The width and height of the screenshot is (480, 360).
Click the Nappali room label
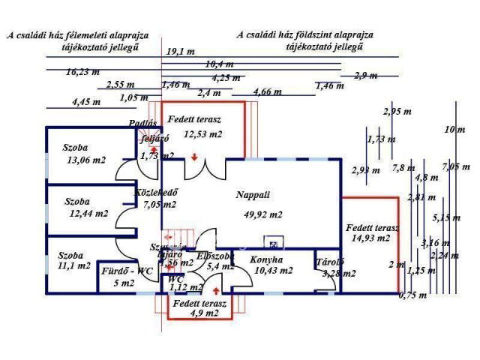tap(253, 195)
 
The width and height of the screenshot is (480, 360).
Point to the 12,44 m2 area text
tap(88, 214)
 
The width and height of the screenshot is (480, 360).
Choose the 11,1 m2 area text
tap(73, 265)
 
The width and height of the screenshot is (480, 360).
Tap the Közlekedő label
tap(155, 192)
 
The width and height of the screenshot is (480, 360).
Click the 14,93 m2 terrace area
tap(370, 238)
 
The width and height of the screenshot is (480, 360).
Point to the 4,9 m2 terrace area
tap(202, 313)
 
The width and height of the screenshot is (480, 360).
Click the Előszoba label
tap(215, 255)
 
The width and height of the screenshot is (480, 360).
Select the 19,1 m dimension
tap(180, 51)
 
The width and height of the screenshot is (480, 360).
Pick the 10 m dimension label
tap(454, 130)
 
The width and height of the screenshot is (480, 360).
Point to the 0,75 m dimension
tap(412, 295)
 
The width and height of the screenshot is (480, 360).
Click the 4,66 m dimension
tap(268, 91)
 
